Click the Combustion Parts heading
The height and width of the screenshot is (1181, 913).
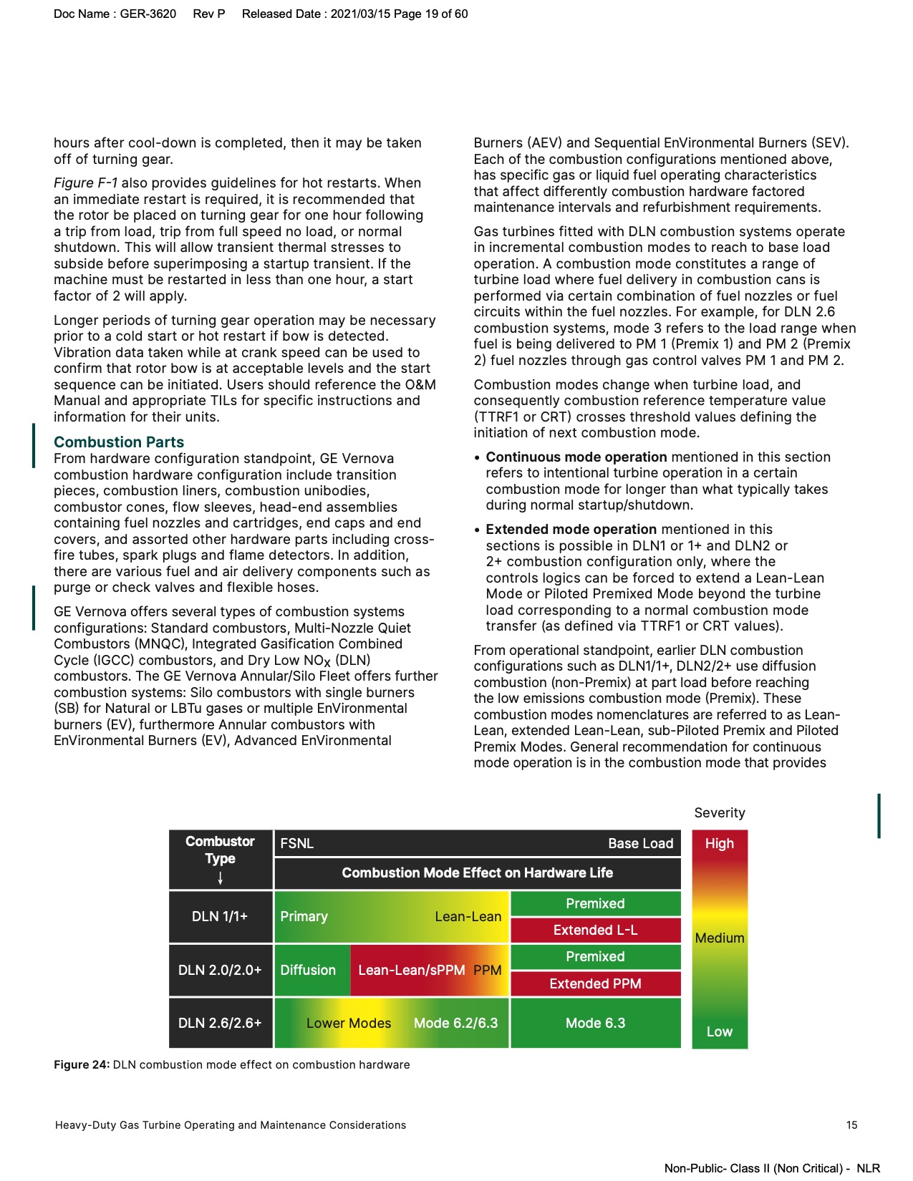tap(119, 442)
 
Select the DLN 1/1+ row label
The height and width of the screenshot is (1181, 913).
tap(220, 916)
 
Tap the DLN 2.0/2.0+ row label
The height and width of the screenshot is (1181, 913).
tap(220, 970)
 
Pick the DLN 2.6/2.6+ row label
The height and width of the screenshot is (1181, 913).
tap(220, 1023)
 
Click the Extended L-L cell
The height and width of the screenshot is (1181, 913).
tap(595, 930)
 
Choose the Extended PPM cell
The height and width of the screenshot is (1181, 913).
tap(595, 983)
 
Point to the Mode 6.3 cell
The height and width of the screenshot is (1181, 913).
tap(595, 1023)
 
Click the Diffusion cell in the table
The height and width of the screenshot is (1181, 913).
tap(308, 970)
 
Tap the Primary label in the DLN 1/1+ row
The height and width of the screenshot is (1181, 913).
tap(304, 916)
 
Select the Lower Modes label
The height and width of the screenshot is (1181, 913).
tap(349, 1023)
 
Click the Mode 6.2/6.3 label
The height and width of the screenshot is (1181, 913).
tap(455, 1023)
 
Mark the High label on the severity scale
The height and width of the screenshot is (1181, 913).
tap(719, 843)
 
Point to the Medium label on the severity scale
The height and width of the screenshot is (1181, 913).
tap(719, 938)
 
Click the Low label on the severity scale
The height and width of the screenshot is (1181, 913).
tap(719, 1031)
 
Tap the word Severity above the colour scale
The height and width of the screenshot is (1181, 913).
tap(719, 812)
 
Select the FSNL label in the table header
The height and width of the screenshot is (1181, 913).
tap(296, 843)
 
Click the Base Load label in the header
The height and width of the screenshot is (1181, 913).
tap(640, 843)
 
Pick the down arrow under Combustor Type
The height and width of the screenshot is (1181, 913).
tap(220, 878)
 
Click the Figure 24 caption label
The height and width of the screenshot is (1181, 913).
tap(82, 1064)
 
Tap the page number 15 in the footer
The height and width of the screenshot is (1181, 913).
tap(851, 1124)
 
